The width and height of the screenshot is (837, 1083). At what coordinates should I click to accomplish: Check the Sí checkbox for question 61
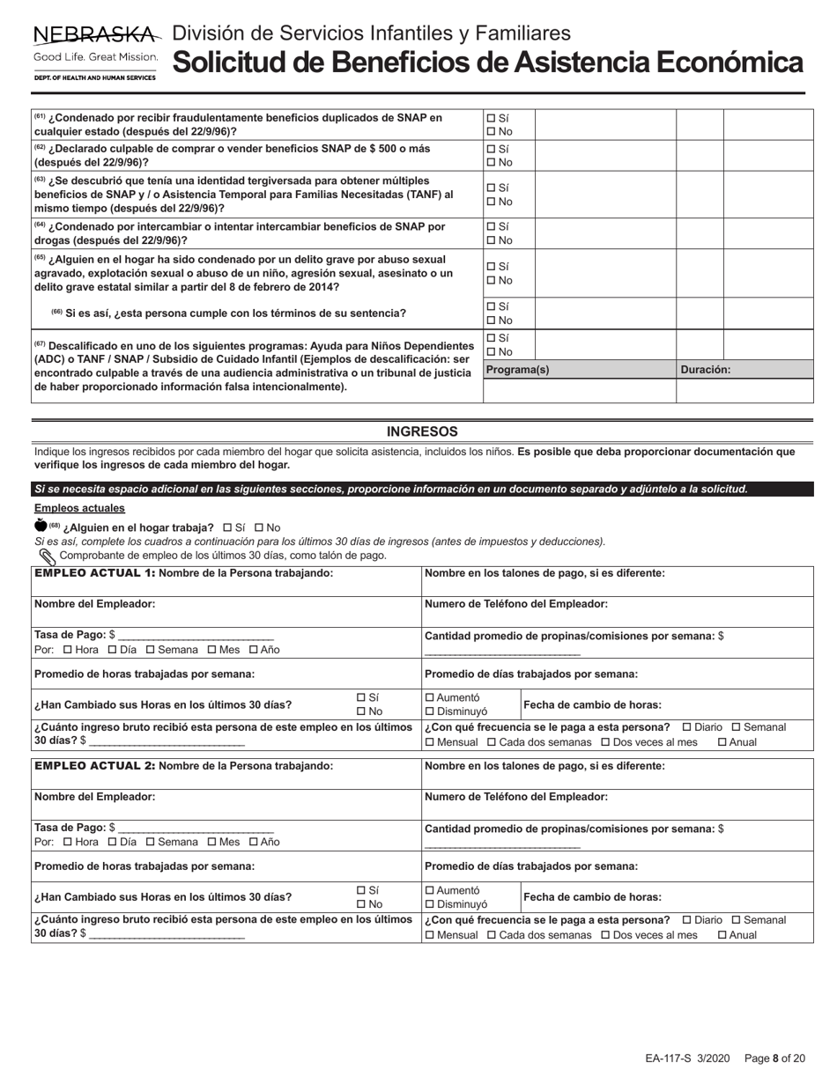[492, 118]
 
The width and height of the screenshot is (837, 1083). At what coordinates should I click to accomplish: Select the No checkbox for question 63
[492, 202]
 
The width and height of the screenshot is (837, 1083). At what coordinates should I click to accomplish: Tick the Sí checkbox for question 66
[492, 306]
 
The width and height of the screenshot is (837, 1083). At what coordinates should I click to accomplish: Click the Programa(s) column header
[517, 370]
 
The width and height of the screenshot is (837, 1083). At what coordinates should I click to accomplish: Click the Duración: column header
[705, 370]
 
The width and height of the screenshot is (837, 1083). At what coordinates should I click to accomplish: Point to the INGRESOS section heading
[422, 431]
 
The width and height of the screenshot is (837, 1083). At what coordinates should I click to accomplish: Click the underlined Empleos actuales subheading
[79, 508]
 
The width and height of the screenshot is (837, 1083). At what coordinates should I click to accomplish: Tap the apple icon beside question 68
[41, 526]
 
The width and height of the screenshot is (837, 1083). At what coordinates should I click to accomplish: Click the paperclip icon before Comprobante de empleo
[47, 556]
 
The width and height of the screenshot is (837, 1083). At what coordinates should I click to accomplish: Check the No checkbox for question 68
[259, 527]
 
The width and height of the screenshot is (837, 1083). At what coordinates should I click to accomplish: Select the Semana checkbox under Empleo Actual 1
[151, 650]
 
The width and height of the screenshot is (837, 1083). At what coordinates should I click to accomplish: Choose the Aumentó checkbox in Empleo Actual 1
[430, 697]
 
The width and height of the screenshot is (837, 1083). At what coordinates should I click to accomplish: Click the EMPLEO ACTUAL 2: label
[94, 765]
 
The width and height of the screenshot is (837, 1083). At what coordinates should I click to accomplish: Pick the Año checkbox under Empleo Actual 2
[255, 842]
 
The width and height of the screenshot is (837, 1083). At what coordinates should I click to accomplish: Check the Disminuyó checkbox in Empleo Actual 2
[430, 904]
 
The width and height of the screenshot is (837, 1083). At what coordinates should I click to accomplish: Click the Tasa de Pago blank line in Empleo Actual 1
[196, 636]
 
